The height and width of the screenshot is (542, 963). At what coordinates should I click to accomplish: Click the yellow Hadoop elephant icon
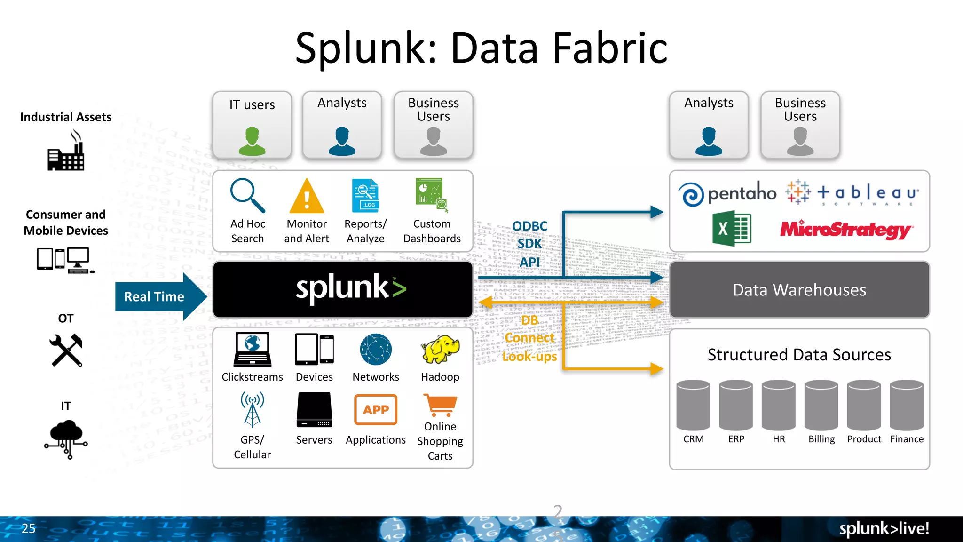point(440,350)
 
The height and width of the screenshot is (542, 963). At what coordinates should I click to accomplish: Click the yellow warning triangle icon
point(307,197)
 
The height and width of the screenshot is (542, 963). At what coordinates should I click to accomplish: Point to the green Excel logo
point(732,229)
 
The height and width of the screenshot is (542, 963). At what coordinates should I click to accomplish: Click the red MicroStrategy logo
point(846,230)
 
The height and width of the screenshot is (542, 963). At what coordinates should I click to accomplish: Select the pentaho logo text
point(742,193)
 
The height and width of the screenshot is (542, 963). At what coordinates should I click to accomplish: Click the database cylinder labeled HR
point(779,405)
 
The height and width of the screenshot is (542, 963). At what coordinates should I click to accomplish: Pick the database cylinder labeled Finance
point(907,405)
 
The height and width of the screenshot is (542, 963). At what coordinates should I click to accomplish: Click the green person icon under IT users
point(252,141)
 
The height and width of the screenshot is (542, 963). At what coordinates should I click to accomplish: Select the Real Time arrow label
point(154,297)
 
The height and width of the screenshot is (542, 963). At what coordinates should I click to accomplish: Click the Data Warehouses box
point(799,290)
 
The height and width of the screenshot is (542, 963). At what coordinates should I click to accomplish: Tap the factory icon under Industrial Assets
point(66,151)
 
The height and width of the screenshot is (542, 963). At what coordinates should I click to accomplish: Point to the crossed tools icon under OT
point(66,350)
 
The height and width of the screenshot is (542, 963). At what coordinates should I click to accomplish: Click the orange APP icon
point(376,410)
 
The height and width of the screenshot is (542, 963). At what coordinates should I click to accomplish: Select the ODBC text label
point(529,226)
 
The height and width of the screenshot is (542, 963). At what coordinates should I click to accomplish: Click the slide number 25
point(28,528)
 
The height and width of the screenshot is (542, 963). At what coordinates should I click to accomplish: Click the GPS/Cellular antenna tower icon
point(253,409)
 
